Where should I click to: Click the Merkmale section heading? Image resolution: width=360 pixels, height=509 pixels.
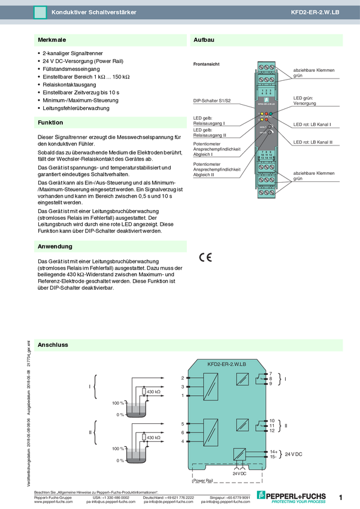(52, 40)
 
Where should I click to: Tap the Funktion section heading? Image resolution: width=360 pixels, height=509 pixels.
(50, 123)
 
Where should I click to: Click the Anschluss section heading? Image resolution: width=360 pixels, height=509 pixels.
(53, 346)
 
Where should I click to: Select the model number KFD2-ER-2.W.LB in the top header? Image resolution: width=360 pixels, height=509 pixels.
(314, 12)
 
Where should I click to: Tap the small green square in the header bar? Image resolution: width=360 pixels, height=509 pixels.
(40, 12)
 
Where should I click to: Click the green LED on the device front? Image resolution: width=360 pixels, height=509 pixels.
(271, 113)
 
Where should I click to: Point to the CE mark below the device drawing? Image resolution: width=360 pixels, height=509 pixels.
(205, 257)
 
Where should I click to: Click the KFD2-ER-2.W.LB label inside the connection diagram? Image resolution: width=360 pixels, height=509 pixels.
(226, 363)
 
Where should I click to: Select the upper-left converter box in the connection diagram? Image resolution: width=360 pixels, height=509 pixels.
(210, 384)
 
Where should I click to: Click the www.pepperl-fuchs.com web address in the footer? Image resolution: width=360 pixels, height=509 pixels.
(53, 502)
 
